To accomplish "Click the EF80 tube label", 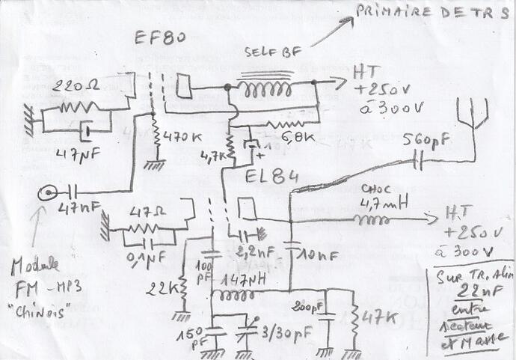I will (x=160, y=38).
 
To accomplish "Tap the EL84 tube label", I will (x=273, y=177).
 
